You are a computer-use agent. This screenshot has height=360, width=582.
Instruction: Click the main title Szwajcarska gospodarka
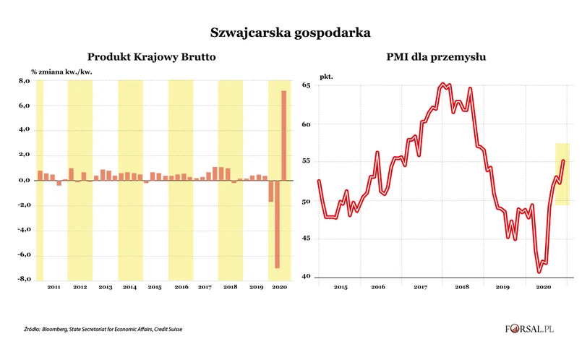[291, 33]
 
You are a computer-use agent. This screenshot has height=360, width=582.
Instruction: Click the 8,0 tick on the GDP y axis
[23, 82]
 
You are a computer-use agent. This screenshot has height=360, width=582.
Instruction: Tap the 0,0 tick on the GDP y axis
[23, 180]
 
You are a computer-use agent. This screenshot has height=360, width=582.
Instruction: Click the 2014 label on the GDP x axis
[130, 288]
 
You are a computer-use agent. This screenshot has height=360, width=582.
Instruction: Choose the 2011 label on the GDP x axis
[54, 288]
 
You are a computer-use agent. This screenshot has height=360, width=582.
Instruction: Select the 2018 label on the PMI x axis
[462, 287]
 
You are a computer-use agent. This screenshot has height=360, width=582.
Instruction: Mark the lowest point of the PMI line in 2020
[539, 272]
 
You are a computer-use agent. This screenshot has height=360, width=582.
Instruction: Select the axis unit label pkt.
[327, 74]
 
